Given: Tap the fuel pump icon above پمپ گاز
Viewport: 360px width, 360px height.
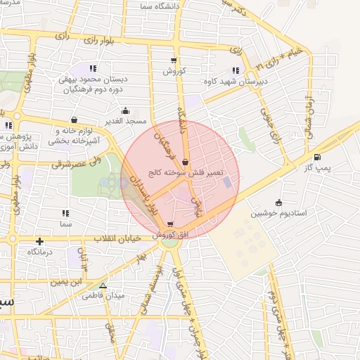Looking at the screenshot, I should click(x=317, y=157).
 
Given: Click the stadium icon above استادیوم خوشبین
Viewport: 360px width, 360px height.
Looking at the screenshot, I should click(x=279, y=202).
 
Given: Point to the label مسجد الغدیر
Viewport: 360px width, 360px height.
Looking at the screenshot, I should click(x=126, y=121).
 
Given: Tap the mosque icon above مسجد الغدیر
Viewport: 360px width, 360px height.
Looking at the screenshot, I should click(x=125, y=110).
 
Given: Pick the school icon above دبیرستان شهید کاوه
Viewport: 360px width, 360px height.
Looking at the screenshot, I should click(x=234, y=70).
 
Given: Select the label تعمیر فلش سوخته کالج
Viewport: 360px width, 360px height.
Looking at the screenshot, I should click(x=186, y=172).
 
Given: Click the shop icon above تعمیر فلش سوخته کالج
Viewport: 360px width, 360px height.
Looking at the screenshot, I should click(x=185, y=161).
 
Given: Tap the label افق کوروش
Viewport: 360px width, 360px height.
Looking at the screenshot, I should click(x=169, y=234).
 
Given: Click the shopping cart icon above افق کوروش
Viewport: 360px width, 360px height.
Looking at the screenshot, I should click(x=170, y=224).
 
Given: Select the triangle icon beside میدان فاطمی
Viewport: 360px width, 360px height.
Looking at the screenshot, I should click(x=103, y=286).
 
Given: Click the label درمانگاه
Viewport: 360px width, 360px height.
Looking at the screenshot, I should click(x=41, y=252).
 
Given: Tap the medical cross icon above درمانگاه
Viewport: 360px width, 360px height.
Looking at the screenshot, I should click(x=40, y=241).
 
